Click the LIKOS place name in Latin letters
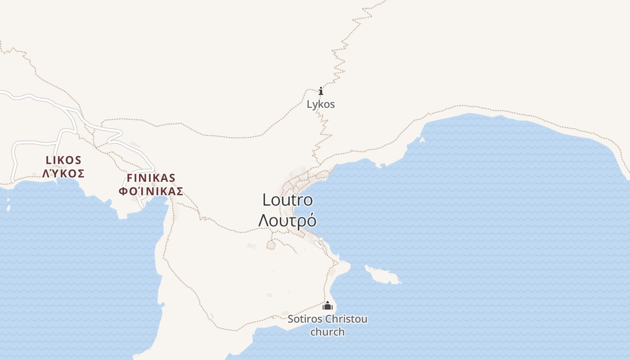point(63,160)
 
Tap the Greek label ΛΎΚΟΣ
point(63,174)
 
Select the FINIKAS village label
point(151,178)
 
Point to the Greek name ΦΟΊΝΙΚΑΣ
point(151,191)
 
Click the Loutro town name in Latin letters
point(288,200)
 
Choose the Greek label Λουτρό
point(287,220)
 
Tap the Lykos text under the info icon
point(321,104)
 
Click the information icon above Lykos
point(321,91)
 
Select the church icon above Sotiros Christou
point(328,306)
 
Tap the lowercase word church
point(328,332)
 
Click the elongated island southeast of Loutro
point(382,274)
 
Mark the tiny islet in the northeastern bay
point(422,140)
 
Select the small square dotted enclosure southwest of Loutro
point(270,245)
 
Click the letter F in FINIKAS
point(130,178)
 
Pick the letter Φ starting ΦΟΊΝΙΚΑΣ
point(123,191)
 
